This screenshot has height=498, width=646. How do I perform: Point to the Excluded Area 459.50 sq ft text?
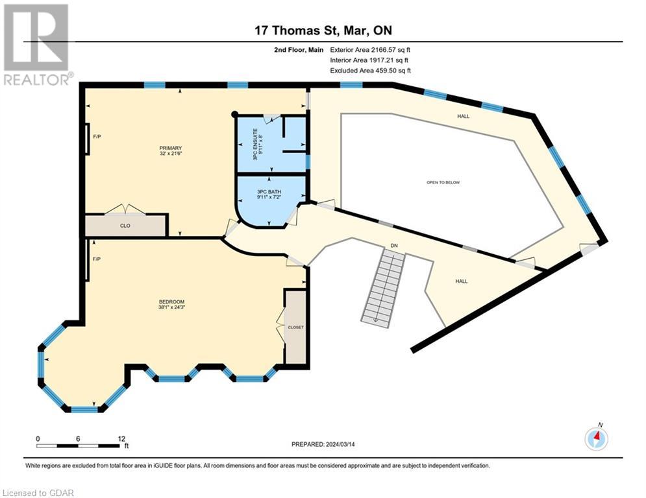pos(371,71)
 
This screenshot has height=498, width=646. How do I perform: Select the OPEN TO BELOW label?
pos(443,182)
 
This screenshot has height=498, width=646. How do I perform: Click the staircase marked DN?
pos(384,285)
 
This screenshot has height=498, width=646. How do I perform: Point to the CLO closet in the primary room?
pos(126,226)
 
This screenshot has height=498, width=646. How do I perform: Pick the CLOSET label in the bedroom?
pos(295,327)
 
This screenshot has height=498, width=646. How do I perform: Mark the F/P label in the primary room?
pos(97,137)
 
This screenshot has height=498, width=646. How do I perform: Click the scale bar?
pos(78,445)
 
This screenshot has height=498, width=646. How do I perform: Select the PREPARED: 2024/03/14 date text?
pos(324,444)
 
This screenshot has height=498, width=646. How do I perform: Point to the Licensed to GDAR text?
pos(38,492)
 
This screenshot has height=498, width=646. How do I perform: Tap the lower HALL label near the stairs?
pos(462,281)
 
